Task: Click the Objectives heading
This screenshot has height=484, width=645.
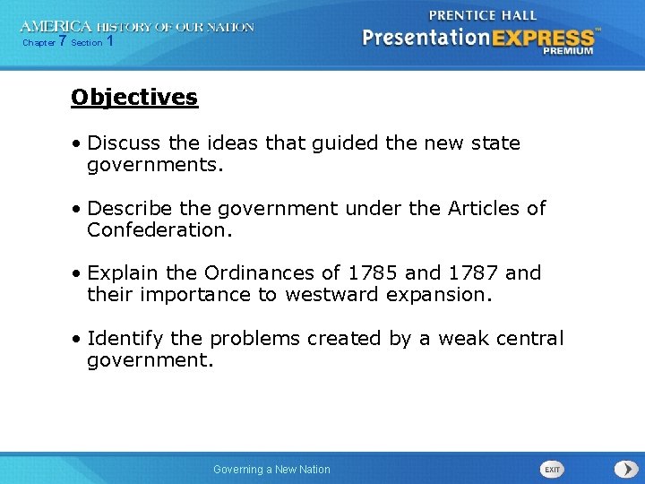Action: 134,97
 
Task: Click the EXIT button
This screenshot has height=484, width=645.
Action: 552,469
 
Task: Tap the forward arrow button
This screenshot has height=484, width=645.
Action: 624,469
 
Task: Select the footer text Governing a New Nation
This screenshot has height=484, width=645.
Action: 271,470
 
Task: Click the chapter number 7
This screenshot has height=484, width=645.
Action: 63,42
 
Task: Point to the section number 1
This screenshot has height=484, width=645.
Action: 109,42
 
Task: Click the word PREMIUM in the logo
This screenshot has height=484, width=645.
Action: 568,51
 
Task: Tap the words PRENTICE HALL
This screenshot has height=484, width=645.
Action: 483,15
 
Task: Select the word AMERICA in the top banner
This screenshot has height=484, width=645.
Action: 56,27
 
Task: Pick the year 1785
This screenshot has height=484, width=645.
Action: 373,272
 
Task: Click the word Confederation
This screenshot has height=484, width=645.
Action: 158,230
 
